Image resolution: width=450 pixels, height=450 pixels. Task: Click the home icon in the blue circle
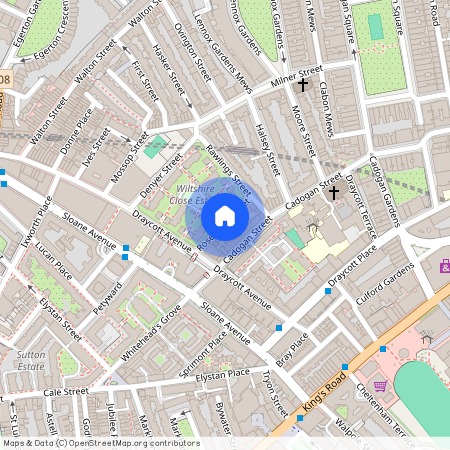[x=225, y=216]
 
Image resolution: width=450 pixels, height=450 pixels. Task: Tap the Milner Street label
[x=297, y=74]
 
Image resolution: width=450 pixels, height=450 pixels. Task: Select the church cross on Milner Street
[x=301, y=86]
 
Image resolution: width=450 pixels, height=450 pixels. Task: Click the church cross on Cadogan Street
[x=335, y=191]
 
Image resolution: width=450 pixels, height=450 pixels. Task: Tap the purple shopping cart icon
[x=380, y=386]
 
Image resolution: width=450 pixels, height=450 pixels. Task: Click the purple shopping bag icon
[x=444, y=265]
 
